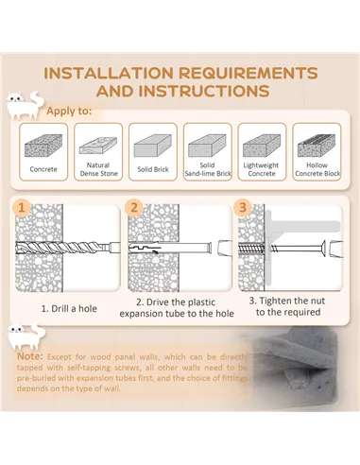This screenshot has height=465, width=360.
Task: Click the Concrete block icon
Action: click(43, 146)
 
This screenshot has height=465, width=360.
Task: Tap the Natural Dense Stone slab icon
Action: click(98, 146)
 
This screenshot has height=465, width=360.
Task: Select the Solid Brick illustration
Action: click(153, 146)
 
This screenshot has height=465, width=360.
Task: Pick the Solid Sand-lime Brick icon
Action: click(207, 146)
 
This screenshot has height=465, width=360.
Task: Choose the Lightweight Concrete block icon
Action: click(262, 146)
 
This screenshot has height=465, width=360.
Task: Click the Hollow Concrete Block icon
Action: click(317, 146)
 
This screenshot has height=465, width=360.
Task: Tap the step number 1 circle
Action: click(22, 208)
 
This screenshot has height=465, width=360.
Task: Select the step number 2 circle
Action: click(134, 208)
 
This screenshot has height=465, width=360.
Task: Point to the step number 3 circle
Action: click(243, 207)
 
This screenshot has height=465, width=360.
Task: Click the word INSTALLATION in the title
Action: click(109, 73)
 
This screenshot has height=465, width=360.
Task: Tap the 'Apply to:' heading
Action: click(69, 112)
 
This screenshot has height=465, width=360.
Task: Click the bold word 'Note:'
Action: click(29, 356)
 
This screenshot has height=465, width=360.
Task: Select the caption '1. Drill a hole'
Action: click(69, 308)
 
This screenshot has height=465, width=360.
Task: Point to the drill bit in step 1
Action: click(68, 248)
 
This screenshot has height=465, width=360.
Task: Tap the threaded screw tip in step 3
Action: click(251, 249)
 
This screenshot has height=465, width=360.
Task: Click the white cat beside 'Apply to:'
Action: click(25, 105)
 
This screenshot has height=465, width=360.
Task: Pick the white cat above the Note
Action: click(26, 336)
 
